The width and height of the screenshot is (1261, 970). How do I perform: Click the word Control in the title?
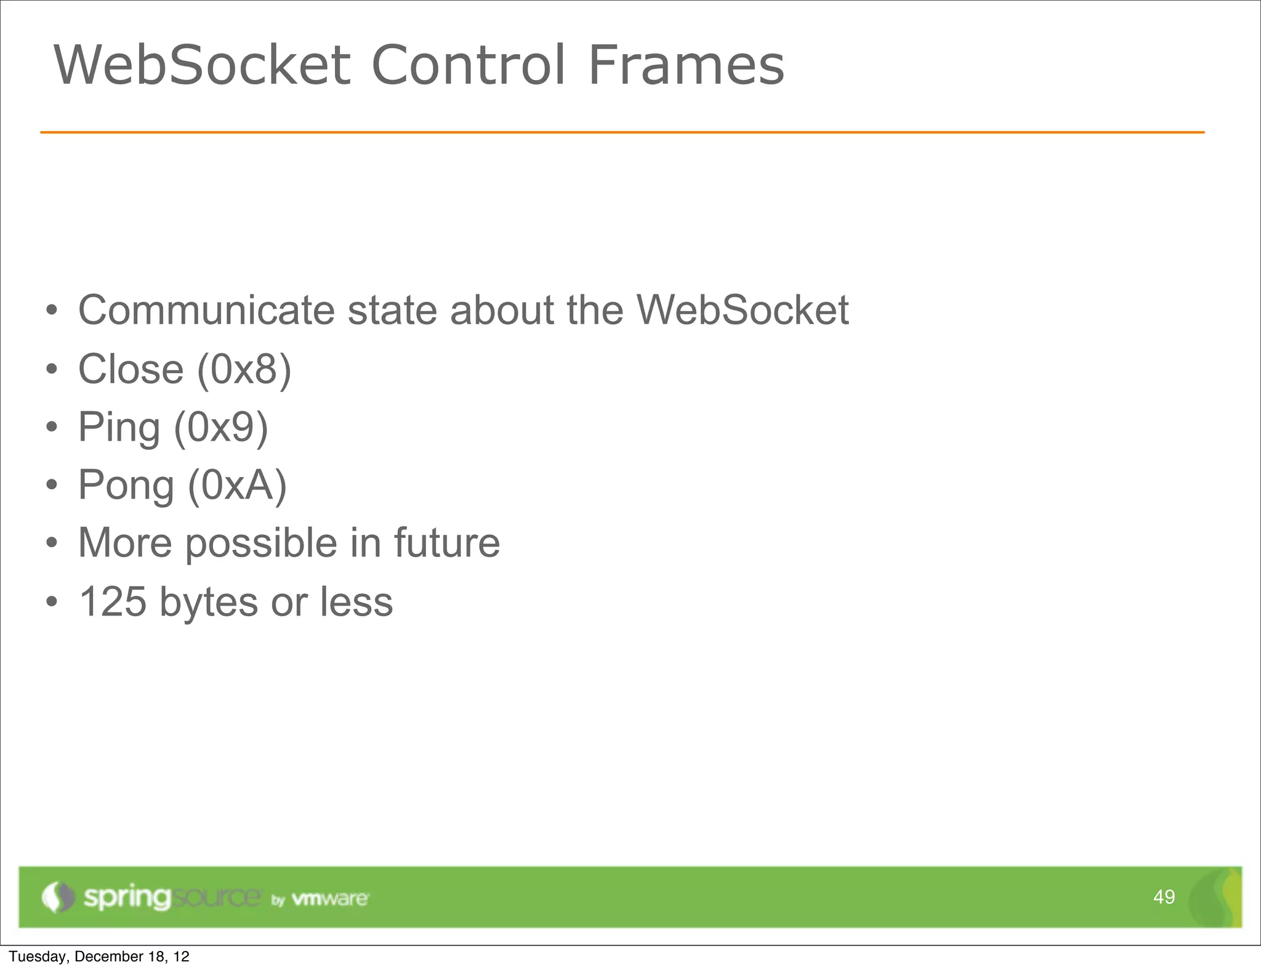pyautogui.click(x=468, y=65)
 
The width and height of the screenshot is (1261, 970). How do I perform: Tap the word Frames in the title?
pyautogui.click(x=686, y=65)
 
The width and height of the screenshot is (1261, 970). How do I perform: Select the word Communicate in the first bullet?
pyautogui.click(x=206, y=310)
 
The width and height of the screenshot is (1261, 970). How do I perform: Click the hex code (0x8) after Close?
pyautogui.click(x=244, y=369)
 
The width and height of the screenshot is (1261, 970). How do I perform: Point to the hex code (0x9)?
pyautogui.click(x=221, y=427)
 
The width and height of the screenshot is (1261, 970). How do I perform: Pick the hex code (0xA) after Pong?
pyautogui.click(x=237, y=485)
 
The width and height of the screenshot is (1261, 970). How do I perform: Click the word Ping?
pyautogui.click(x=119, y=428)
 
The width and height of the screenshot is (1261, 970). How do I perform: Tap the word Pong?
pyautogui.click(x=126, y=486)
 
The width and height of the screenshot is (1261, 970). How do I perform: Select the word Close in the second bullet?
pyautogui.click(x=131, y=369)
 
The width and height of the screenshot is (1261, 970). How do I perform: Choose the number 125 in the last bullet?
pyautogui.click(x=113, y=601)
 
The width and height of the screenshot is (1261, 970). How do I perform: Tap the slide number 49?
pyautogui.click(x=1164, y=897)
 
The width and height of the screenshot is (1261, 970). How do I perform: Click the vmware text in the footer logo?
pyautogui.click(x=329, y=899)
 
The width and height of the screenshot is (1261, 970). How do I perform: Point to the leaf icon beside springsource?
pyautogui.click(x=58, y=897)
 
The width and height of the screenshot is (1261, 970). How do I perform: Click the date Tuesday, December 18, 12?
pyautogui.click(x=99, y=956)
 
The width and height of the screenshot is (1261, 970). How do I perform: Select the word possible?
pyautogui.click(x=261, y=544)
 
